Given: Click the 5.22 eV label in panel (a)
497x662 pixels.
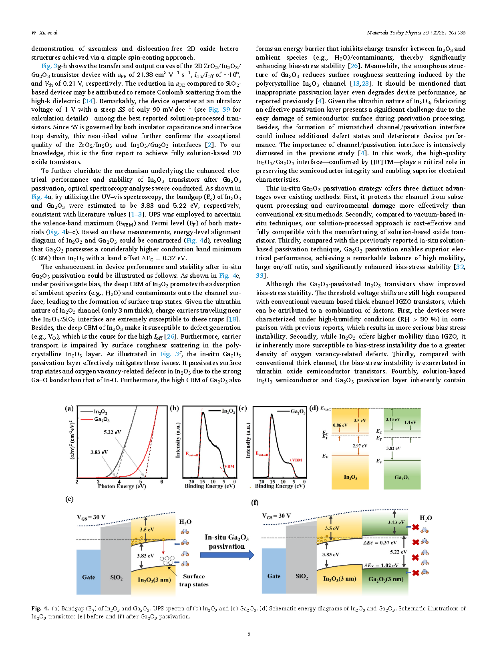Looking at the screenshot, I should pos(112,432).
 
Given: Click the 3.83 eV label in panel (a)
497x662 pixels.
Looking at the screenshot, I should pos(99,452).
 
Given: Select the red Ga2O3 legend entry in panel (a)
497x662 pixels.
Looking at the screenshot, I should pos(101,419).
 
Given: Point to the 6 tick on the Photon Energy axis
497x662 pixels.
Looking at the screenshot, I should pos(162,482).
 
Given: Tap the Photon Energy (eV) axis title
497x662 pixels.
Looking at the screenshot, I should pos(122,487).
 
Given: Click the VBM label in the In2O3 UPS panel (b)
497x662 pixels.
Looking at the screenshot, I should pos(229,466).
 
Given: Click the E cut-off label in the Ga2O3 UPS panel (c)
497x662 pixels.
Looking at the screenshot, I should pos(262,454).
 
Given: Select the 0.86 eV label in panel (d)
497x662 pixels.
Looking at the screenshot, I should pos(340,425).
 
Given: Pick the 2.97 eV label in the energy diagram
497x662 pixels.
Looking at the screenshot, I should pos(360,446).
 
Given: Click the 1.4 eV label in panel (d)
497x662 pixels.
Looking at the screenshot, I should pos(410,422).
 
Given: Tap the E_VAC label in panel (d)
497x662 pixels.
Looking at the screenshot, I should pos(326,409).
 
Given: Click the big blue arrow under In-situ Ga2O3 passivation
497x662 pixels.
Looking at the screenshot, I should pos(227,555).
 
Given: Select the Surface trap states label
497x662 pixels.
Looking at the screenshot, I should pos(194,580).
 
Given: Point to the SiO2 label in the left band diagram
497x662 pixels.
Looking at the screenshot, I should pos(116,578).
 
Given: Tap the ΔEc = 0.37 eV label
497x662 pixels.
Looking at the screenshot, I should pos(380,543).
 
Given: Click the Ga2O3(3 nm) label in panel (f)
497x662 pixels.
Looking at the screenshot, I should pos(386,579).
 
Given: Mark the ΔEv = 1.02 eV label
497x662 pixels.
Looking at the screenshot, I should pos(381,566).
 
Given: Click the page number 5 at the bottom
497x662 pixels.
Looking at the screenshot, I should pos(249,634).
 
